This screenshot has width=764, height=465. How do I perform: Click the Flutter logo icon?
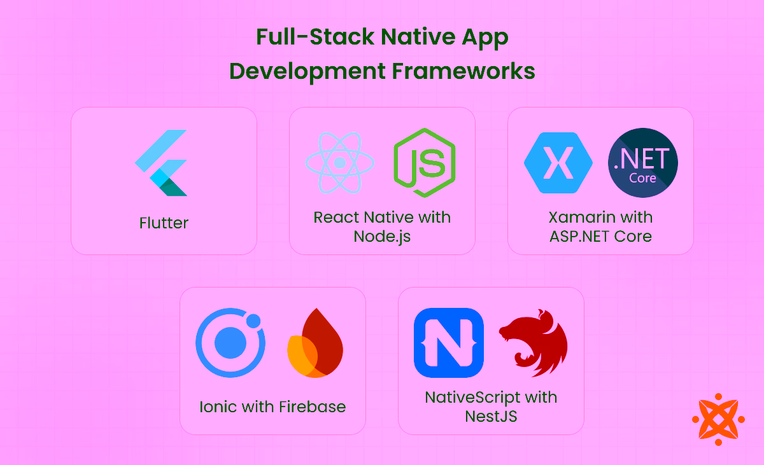[x=162, y=163]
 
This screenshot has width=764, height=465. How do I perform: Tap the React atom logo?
[x=339, y=163]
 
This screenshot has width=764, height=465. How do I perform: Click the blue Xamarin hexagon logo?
[x=558, y=163]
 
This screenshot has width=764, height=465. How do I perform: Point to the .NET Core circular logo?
[x=643, y=163]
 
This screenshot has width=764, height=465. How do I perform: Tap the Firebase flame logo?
[x=315, y=344]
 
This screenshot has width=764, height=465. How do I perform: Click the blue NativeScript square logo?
[x=448, y=343]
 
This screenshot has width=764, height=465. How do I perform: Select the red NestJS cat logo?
[x=533, y=343]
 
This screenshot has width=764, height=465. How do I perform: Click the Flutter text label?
[x=164, y=223]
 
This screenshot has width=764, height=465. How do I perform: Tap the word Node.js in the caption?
[x=382, y=237]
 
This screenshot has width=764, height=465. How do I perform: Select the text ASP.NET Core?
[x=600, y=237]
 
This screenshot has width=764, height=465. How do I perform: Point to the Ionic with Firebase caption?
[x=272, y=406]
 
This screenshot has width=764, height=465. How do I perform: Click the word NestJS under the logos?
[x=491, y=417]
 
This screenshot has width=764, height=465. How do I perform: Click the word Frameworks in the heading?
[x=463, y=71]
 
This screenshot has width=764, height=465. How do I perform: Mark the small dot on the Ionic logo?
[x=253, y=321]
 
